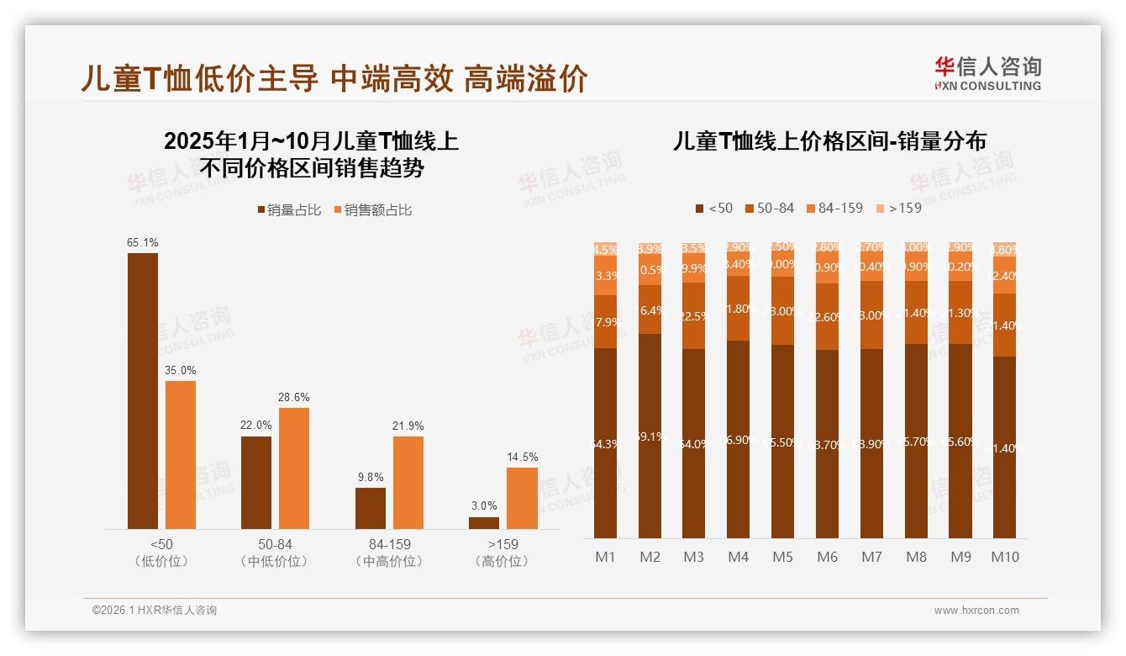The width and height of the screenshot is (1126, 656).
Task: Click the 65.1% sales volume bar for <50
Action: pos(143,391)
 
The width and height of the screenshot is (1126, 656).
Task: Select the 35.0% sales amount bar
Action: pos(181,455)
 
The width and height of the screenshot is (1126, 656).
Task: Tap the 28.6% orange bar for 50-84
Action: pos(294,468)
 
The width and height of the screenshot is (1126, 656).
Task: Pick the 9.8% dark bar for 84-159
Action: pos(371,508)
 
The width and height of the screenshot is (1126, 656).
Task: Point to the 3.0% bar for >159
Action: pos(484,523)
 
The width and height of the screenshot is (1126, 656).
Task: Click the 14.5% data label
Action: pos(521,457)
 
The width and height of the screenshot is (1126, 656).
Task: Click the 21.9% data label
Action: pos(408,426)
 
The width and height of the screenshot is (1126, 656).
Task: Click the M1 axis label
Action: pos(606,557)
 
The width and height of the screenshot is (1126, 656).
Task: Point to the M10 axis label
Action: pos(1004,557)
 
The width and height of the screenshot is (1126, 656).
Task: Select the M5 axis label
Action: pos(782,557)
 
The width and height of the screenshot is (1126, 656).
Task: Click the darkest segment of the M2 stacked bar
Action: pos(650,436)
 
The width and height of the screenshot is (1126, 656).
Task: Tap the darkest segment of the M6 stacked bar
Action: pos(827,444)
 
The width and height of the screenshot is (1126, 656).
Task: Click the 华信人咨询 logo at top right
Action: pos(988,72)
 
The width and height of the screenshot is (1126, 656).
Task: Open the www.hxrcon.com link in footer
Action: pos(976,611)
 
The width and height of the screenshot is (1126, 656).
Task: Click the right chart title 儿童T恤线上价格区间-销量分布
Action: pos(829,141)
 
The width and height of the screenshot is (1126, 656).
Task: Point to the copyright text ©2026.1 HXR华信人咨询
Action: pos(155,611)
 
